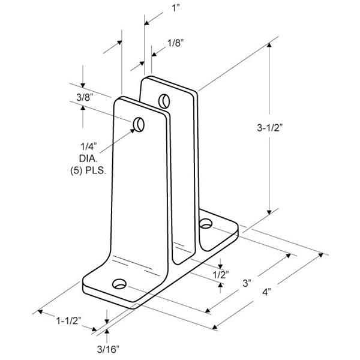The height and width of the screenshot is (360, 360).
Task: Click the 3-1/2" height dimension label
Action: [x=269, y=128]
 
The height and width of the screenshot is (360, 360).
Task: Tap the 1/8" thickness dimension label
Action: [x=176, y=43]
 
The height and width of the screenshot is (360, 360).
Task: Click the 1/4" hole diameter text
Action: [x=89, y=146]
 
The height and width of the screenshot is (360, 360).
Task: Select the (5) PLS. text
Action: [x=88, y=171]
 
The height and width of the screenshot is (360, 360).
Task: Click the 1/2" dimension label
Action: [x=221, y=274]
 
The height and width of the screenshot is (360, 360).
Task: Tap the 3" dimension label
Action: [x=247, y=283]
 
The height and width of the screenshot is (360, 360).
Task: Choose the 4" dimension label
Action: [x=266, y=292]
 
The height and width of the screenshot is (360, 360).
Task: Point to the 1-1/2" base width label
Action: [x=69, y=321]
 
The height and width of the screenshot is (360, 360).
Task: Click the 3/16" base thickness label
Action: [x=108, y=349]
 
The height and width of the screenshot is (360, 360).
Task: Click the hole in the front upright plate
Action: [x=139, y=125]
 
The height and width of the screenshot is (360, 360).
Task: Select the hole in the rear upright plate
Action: [x=164, y=101]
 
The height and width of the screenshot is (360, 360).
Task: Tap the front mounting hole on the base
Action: [x=119, y=284]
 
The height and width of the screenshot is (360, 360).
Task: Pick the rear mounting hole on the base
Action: [x=205, y=223]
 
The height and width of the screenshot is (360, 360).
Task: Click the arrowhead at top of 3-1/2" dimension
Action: [x=269, y=44]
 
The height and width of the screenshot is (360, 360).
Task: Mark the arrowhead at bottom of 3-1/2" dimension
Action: [x=269, y=212]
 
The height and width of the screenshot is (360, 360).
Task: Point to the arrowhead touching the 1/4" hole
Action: [x=133, y=131]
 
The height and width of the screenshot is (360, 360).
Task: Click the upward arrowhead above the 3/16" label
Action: [x=107, y=331]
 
